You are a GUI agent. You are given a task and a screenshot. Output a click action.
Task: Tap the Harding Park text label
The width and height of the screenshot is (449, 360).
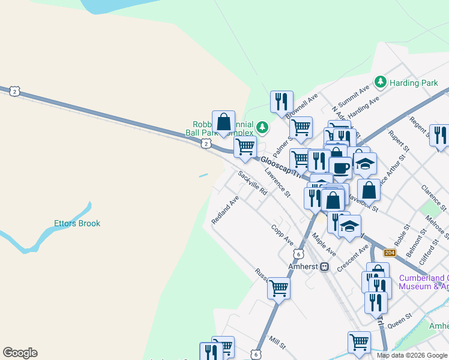click(414, 83)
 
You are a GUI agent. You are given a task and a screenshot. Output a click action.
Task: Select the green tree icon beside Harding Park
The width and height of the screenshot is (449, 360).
click(379, 82)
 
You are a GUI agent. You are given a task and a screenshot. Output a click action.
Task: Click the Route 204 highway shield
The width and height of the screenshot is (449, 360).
click(390, 253)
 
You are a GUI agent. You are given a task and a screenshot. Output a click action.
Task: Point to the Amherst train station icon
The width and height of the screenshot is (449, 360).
click(325, 266)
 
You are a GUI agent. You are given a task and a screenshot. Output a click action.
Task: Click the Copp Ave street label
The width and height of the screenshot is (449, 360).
click(282, 235)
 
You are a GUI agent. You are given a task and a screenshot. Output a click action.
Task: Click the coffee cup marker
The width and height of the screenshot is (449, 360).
click(340, 167)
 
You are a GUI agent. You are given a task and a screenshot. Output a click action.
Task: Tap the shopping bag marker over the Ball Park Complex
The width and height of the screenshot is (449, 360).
click(223, 122)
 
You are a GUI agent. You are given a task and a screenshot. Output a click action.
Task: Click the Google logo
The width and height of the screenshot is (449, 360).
click(20, 353)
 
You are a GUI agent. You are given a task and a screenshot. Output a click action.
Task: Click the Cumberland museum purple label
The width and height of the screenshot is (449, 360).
click(423, 282)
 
